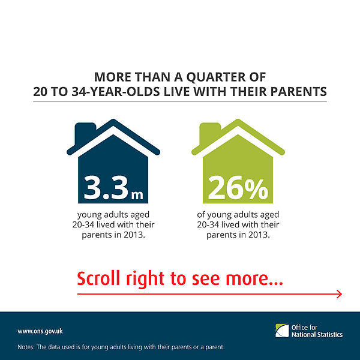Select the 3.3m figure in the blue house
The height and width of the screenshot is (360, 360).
pyautogui.click(x=113, y=188)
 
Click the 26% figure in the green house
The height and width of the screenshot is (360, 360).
pyautogui.click(x=238, y=188)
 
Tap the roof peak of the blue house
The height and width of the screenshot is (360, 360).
pyautogui.click(x=113, y=121)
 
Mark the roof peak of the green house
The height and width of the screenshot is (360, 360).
pyautogui.click(x=238, y=121)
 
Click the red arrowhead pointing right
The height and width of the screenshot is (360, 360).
pyautogui.click(x=340, y=294)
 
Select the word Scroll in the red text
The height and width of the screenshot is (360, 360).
pyautogui.click(x=98, y=278)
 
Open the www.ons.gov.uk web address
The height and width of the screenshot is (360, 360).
pyautogui.click(x=40, y=331)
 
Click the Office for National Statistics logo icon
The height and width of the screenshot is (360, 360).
pyautogui.click(x=282, y=331)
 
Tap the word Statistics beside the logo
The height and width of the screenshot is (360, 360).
pyautogui.click(x=331, y=335)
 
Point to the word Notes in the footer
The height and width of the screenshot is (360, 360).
pyautogui.click(x=26, y=347)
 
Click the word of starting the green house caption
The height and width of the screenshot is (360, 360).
pyautogui.click(x=201, y=215)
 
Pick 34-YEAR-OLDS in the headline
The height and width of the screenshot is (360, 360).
pyautogui.click(x=115, y=92)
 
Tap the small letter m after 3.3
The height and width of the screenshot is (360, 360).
pyautogui.click(x=137, y=195)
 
